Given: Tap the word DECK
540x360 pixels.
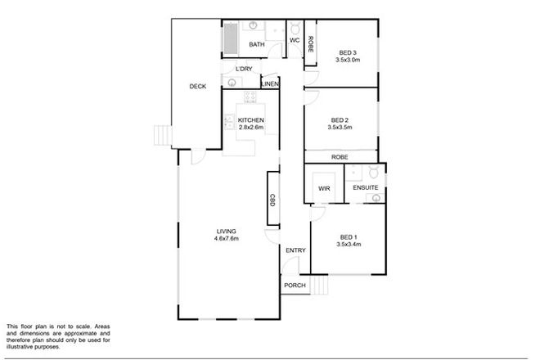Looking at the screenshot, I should [x=197, y=87].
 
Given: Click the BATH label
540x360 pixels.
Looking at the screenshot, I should [x=255, y=45].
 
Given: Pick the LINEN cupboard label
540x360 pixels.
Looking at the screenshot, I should [x=270, y=84].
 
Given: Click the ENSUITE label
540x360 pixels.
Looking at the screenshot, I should [x=366, y=188].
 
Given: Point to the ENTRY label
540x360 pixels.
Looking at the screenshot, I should [x=295, y=250].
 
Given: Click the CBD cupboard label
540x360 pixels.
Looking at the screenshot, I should [x=272, y=199].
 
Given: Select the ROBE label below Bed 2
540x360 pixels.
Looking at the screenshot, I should [x=340, y=156].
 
